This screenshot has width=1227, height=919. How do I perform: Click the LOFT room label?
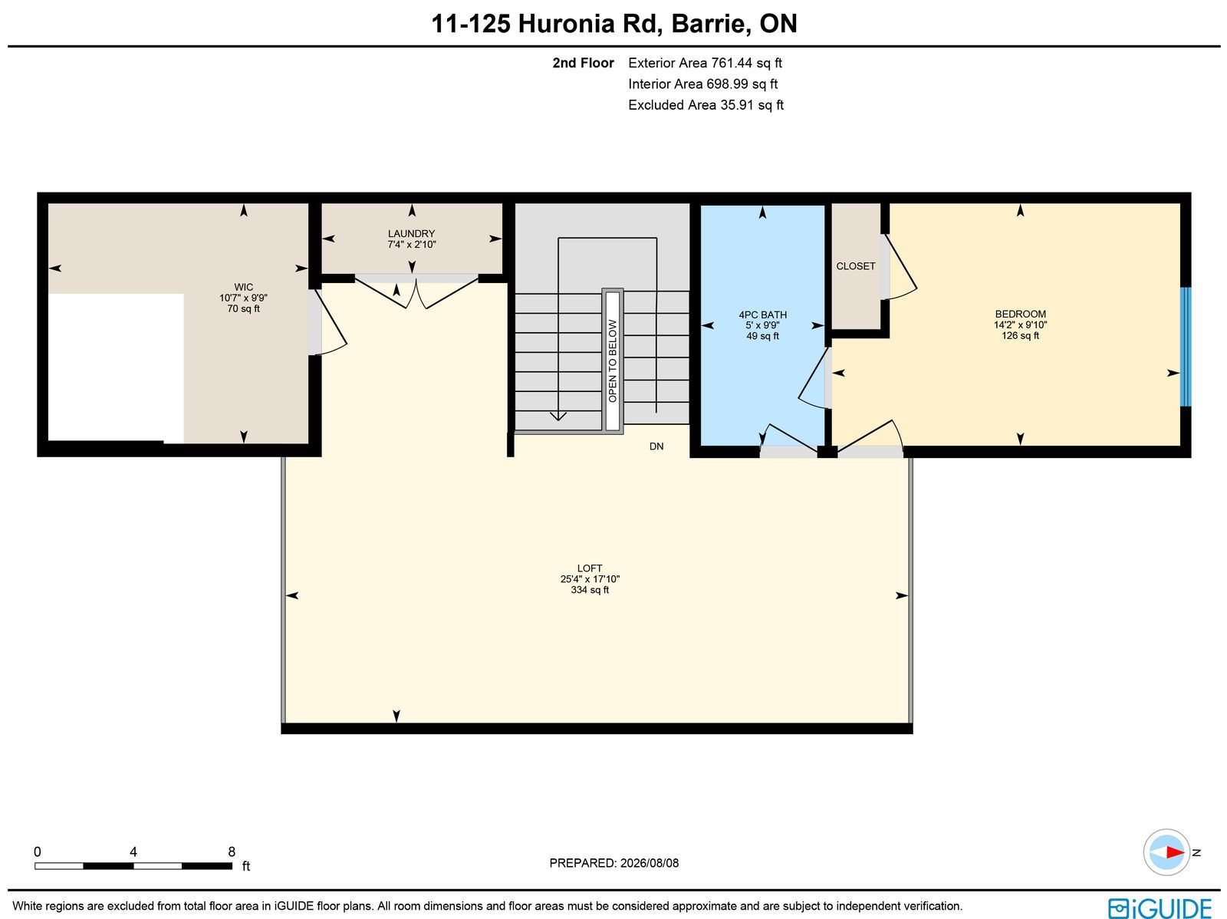(x=589, y=568)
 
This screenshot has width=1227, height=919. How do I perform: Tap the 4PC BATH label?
(x=762, y=315)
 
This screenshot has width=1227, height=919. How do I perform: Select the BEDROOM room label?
(x=1020, y=315)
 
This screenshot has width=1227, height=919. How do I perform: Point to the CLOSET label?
(x=855, y=266)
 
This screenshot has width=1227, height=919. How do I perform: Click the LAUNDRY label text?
(x=411, y=234)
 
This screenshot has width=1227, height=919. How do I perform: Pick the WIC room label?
(x=243, y=288)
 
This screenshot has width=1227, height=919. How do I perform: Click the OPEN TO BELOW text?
(x=613, y=361)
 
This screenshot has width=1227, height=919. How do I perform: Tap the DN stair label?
(x=656, y=446)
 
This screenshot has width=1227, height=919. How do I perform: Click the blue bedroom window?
(x=1185, y=347)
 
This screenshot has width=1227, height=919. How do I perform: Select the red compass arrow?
(x=1174, y=852)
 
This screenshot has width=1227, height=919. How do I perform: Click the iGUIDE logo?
(x=1160, y=907)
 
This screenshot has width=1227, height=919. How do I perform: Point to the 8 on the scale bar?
(x=232, y=851)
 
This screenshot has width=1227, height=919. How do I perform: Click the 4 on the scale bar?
(x=133, y=851)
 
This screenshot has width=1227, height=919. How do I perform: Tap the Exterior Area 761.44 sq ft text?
(x=705, y=63)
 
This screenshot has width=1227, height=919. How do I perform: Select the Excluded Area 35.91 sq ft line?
(x=706, y=105)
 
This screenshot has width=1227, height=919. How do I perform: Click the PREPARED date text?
(x=613, y=863)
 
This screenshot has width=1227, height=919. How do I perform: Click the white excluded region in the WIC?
(x=116, y=367)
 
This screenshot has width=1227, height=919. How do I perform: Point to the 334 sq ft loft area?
(x=589, y=590)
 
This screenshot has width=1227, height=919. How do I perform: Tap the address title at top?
(x=613, y=24)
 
